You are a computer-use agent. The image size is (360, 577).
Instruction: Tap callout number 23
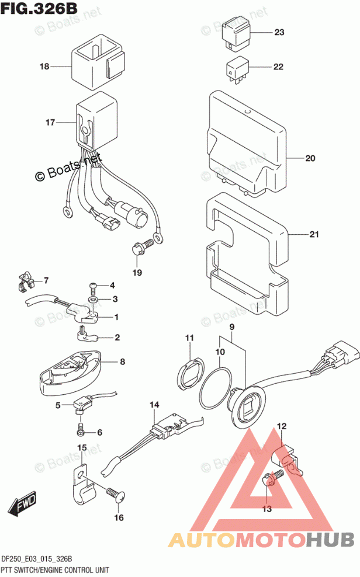point(279,32)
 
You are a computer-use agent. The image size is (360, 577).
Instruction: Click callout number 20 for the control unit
point(310,158)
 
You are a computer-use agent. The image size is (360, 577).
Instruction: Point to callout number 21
point(314,235)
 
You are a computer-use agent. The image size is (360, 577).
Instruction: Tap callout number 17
point(50,123)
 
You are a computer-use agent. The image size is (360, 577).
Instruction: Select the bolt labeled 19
point(140,249)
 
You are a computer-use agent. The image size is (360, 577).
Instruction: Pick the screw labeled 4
point(94,286)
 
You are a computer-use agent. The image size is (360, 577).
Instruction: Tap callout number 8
point(122,362)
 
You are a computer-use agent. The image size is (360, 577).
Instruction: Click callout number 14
point(154,405)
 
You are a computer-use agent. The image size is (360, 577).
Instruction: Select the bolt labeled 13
point(272,479)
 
